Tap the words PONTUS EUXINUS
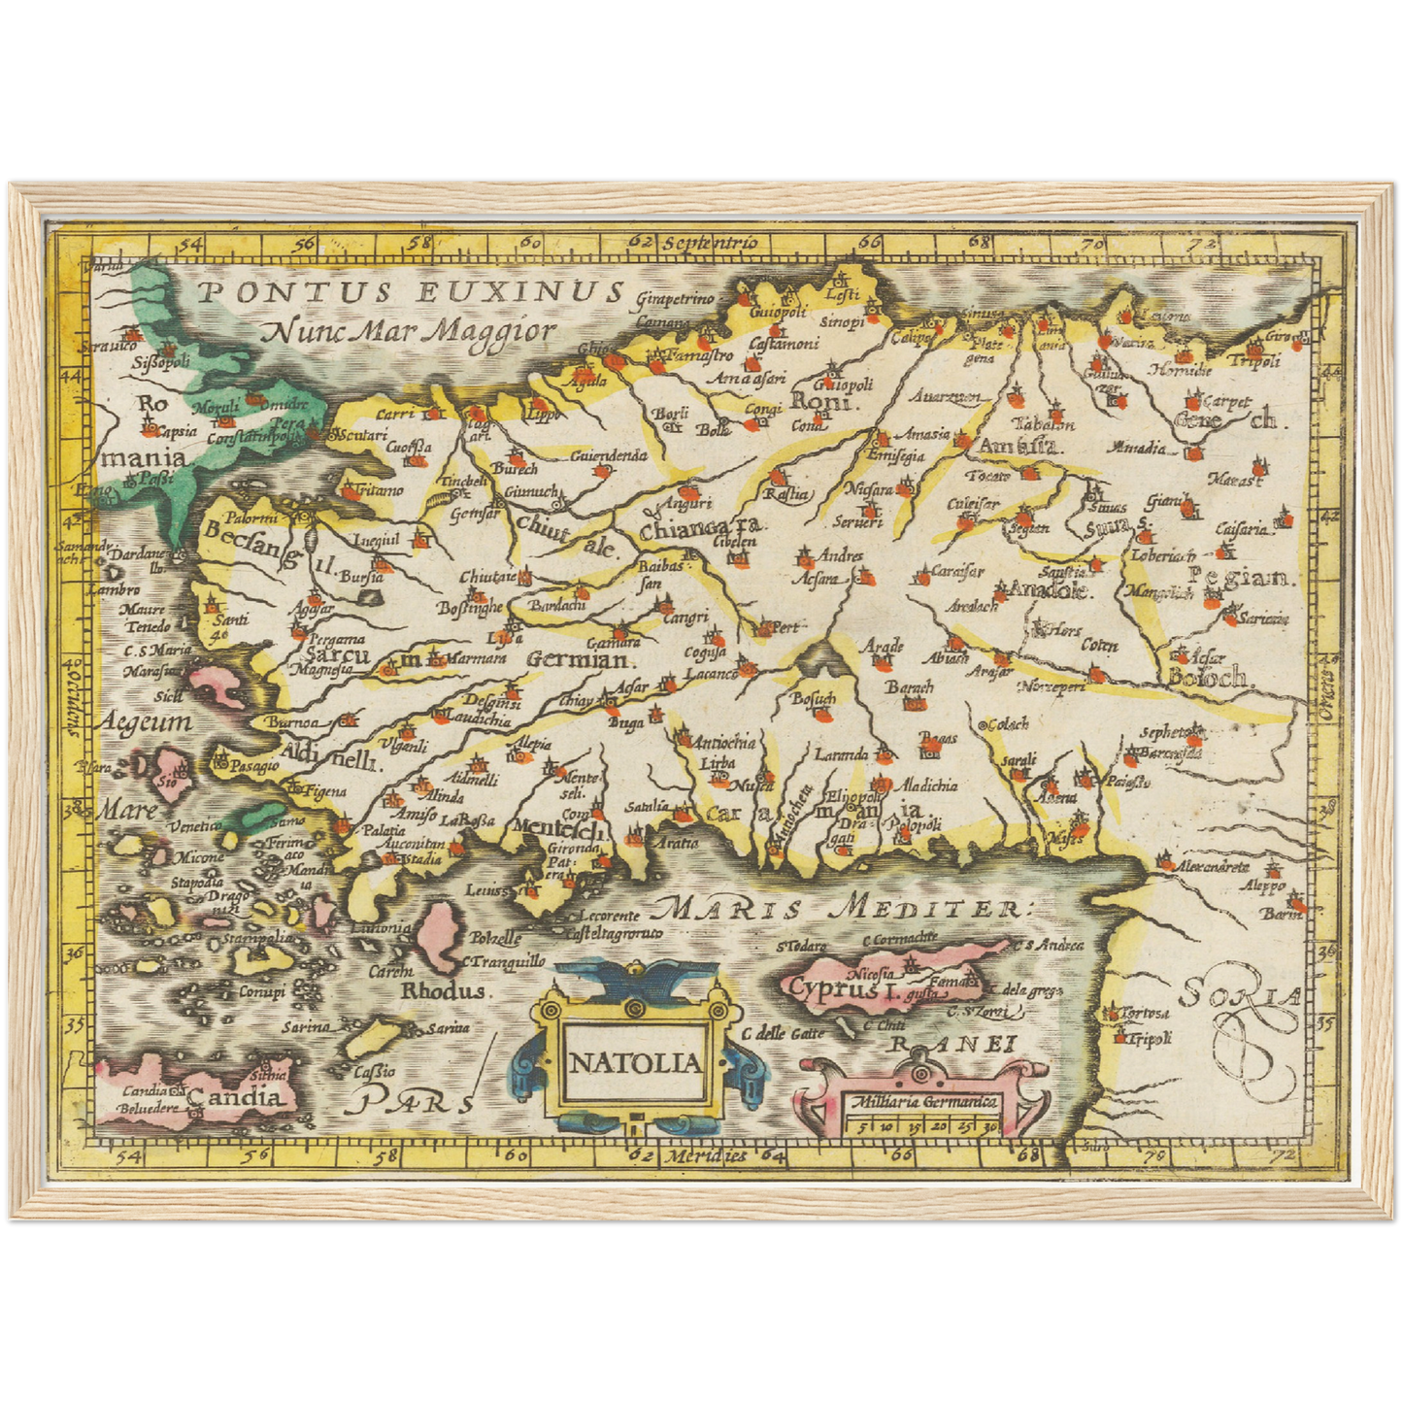409,291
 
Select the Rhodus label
443,991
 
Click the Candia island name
238,1098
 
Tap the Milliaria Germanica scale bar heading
921,1102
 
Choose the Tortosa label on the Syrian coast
1142,1013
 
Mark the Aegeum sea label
144,722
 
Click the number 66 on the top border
869,243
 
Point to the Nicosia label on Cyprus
870,972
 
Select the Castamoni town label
784,343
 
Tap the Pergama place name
336,639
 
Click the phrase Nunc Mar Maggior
408,331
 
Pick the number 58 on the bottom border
385,1155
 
